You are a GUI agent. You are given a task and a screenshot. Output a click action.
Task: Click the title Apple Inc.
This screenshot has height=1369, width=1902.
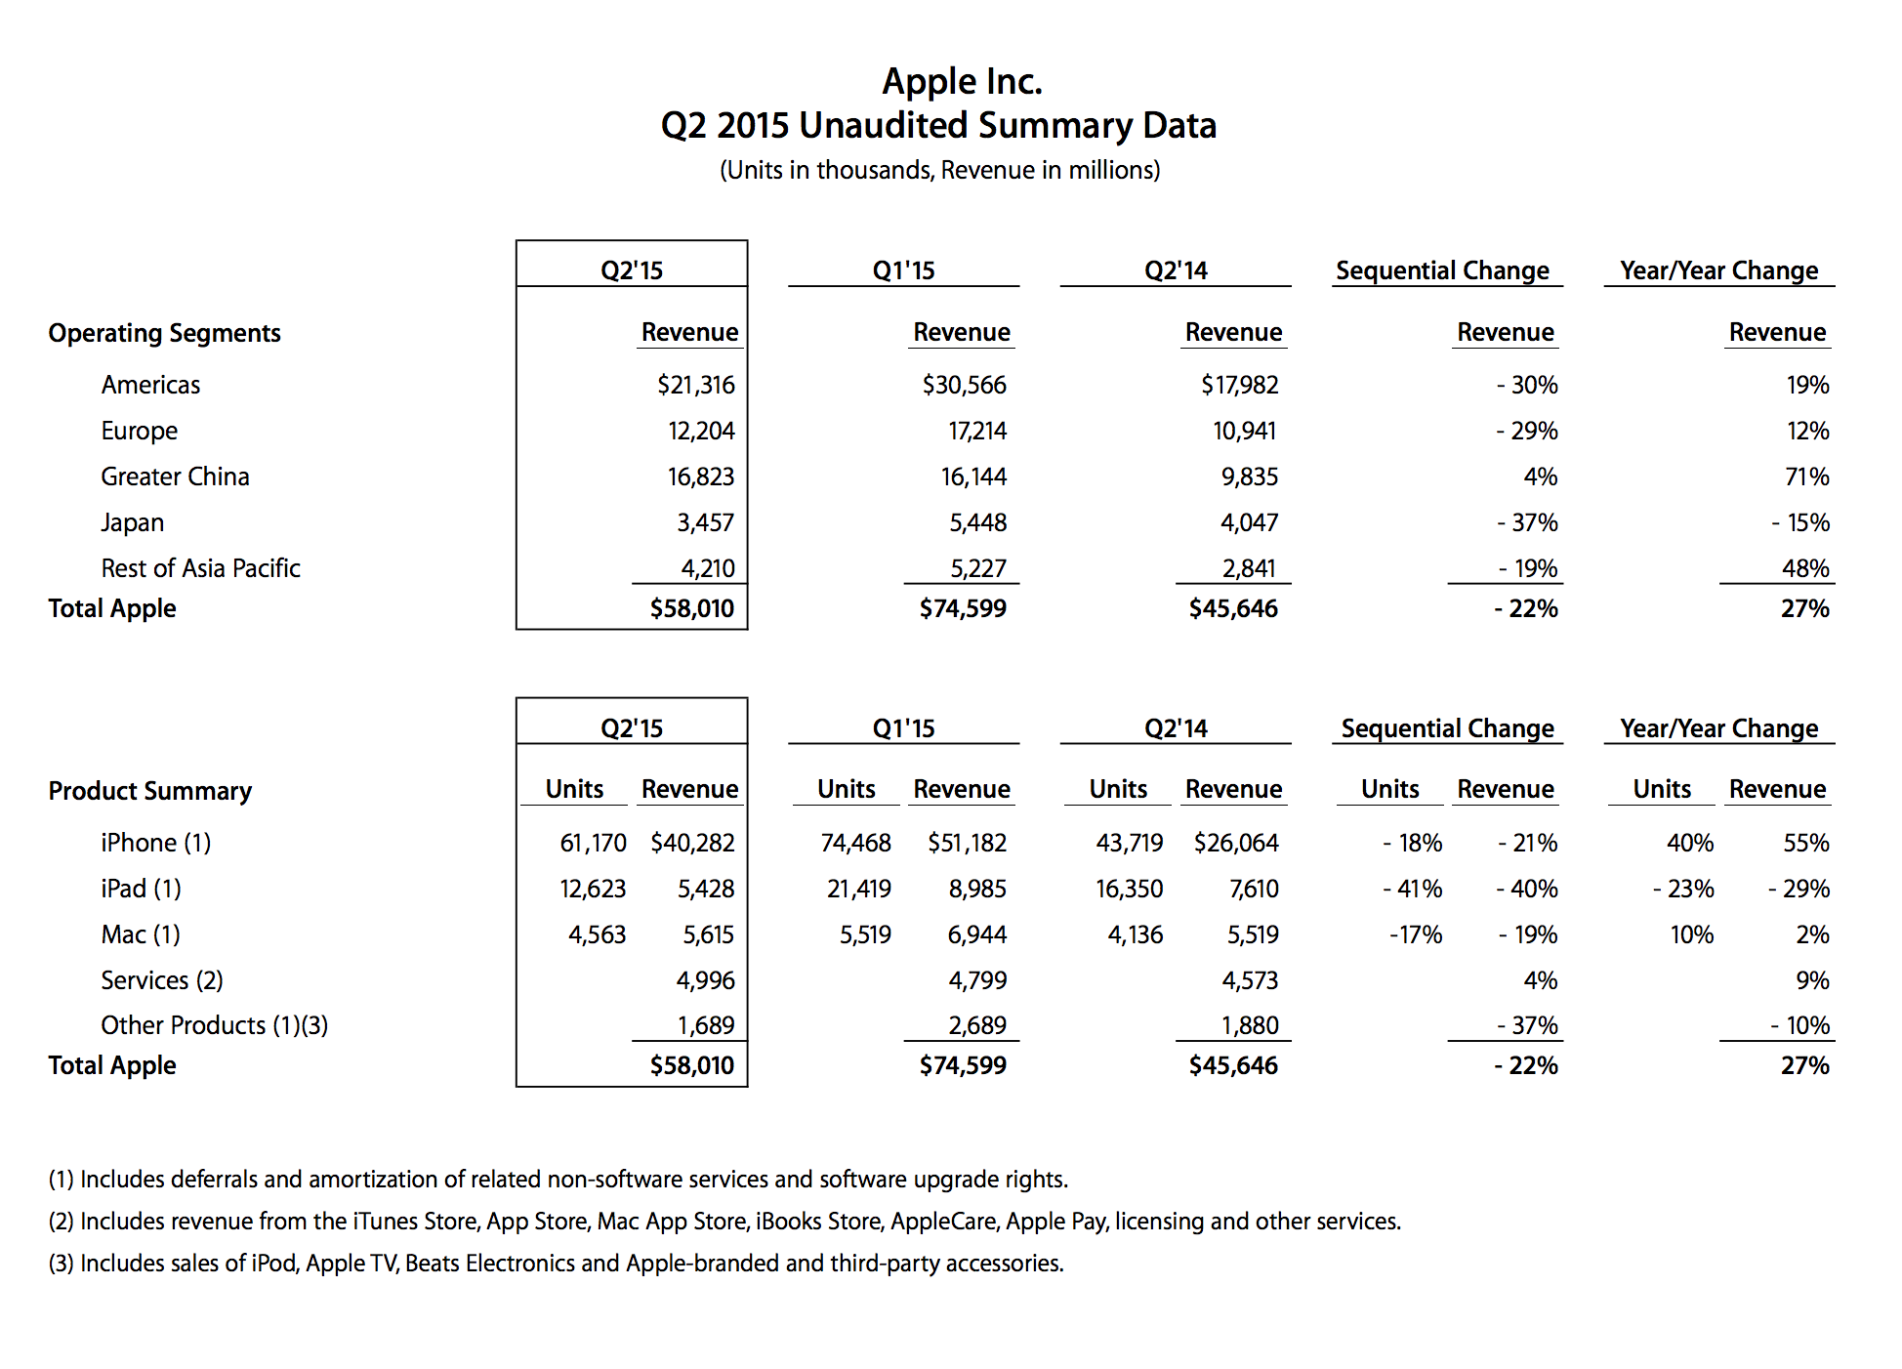click(x=962, y=82)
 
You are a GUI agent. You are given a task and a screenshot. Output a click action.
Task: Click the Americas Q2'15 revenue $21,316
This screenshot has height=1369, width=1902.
click(x=695, y=385)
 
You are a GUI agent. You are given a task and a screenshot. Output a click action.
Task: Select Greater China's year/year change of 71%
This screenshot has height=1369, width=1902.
click(x=1806, y=477)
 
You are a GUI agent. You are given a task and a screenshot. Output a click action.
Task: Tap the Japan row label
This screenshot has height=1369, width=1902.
click(x=132, y=522)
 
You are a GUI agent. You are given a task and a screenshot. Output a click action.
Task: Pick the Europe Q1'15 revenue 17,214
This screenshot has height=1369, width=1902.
click(x=976, y=431)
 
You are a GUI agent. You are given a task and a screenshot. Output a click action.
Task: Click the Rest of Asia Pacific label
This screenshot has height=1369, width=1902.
click(x=200, y=568)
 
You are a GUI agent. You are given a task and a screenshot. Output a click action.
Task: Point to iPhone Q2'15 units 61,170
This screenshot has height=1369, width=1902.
click(x=593, y=843)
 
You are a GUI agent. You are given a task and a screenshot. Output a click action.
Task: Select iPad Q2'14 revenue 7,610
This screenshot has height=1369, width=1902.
click(x=1253, y=889)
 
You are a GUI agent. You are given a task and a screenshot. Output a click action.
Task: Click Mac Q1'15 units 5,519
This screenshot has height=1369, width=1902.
click(x=865, y=934)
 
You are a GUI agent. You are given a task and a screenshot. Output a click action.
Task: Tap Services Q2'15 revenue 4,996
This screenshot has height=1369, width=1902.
click(x=705, y=980)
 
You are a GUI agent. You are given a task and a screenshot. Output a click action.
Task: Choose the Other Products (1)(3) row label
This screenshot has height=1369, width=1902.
click(x=214, y=1025)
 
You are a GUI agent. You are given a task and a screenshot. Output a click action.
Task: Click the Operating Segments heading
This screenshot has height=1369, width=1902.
click(x=164, y=333)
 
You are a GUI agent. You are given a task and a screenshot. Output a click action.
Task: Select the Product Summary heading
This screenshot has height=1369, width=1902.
click(x=150, y=791)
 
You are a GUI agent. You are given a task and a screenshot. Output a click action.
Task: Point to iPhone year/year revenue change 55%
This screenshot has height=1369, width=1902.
click(x=1805, y=843)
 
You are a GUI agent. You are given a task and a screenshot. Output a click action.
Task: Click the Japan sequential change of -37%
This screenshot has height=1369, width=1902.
click(x=1527, y=522)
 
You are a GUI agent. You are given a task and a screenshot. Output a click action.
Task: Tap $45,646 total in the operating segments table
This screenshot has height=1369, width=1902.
click(x=1232, y=608)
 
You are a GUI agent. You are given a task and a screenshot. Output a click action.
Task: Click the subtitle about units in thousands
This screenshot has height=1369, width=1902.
click(x=939, y=170)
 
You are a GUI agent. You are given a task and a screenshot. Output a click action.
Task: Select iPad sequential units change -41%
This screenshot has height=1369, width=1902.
click(x=1412, y=889)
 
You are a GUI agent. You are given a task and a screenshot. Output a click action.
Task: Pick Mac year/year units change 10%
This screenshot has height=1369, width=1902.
click(x=1691, y=934)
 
